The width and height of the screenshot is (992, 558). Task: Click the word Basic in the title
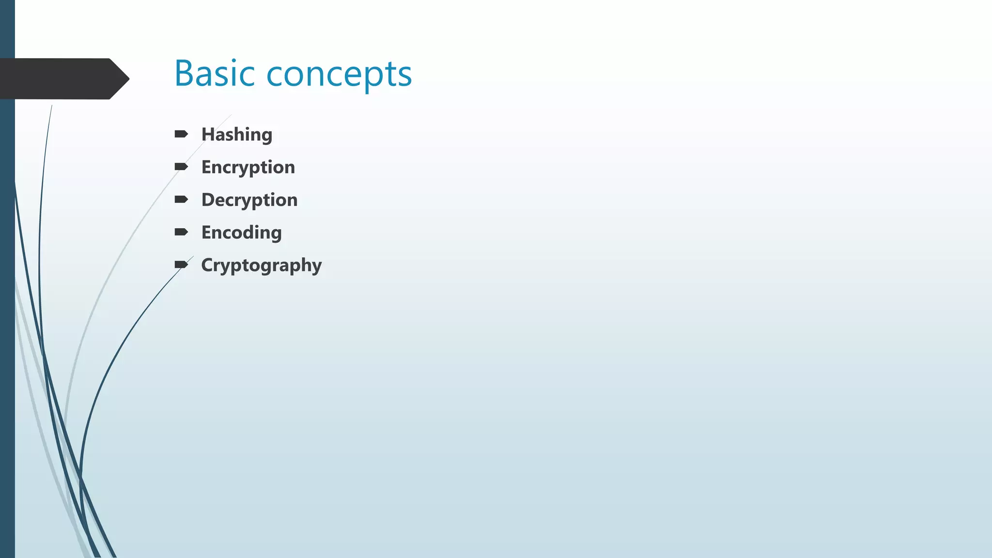pos(214,74)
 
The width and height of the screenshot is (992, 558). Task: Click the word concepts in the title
pos(339,75)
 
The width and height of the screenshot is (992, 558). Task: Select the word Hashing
pos(237,135)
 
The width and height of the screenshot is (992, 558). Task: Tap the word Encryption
pos(248,168)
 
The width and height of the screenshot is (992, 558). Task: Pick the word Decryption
pos(249,200)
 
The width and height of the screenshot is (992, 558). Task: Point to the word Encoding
pos(241,233)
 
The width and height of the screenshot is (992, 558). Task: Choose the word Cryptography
pos(262,265)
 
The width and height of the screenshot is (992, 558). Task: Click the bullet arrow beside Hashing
pos(181,134)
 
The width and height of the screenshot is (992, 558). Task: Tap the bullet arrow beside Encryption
pos(181,167)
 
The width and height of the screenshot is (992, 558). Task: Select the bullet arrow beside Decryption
pos(181,200)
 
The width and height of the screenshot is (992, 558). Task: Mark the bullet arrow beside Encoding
pos(181,232)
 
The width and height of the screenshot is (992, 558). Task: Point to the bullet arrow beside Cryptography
pos(181,264)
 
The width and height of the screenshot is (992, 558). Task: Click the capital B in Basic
pos(184,74)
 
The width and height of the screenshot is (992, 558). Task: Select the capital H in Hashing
pos(207,134)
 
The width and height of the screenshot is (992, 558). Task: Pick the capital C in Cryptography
pos(207,265)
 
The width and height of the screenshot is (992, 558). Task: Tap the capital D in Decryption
pos(208,200)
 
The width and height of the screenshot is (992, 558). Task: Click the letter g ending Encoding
pos(276,234)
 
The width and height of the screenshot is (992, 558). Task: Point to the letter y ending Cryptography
pos(317,267)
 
